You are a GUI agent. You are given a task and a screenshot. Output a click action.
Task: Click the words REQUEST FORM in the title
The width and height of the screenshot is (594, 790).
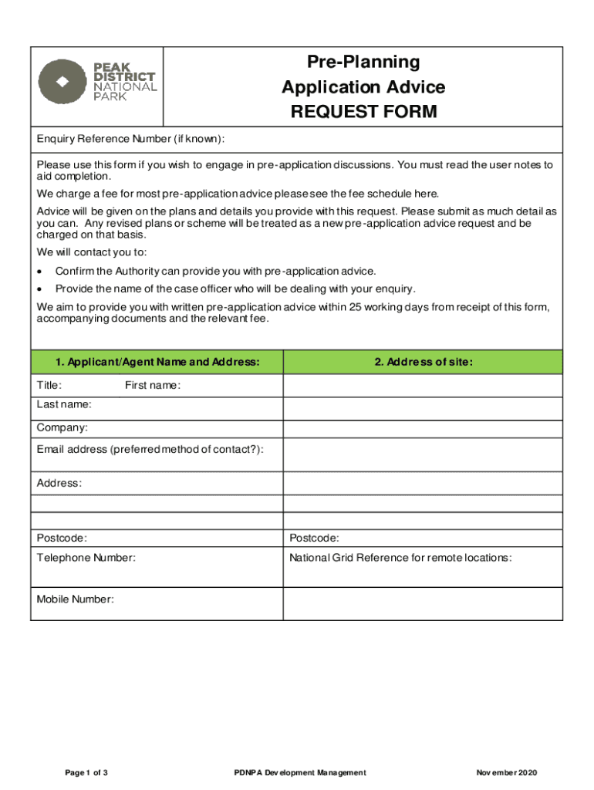tap(363, 113)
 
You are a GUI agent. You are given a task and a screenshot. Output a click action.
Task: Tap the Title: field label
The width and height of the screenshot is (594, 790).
tap(49, 385)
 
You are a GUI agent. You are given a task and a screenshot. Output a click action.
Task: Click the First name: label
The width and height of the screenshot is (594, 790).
tap(152, 385)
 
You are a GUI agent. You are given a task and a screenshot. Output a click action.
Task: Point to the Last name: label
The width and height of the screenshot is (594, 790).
tap(64, 404)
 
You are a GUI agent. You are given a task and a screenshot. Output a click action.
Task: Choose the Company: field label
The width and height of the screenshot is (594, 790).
tap(62, 427)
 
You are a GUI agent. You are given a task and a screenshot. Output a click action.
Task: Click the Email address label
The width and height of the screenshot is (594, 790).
tap(150, 449)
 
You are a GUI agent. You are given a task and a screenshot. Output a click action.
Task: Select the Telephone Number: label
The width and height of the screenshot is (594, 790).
tap(86, 557)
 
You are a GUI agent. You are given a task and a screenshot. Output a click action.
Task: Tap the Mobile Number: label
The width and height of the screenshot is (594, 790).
tap(76, 599)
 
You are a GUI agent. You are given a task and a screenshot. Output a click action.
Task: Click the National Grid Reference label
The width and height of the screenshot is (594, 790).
tap(400, 557)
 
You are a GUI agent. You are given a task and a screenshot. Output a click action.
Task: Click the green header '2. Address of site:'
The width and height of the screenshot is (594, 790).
tap(424, 362)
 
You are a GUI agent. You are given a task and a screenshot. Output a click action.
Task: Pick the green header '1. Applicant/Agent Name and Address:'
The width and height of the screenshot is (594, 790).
tap(157, 362)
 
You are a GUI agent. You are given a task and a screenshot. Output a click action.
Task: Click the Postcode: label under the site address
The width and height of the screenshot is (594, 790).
tap(314, 538)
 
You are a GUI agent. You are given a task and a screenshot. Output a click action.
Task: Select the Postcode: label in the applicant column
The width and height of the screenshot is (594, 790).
tap(62, 538)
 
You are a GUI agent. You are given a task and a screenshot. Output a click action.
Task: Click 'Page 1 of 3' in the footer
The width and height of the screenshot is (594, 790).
tap(86, 772)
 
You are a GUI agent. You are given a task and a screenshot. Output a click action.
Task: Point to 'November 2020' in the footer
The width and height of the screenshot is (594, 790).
tap(506, 772)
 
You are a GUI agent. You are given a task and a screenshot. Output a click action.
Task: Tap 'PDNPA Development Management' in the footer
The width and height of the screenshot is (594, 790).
tap(300, 772)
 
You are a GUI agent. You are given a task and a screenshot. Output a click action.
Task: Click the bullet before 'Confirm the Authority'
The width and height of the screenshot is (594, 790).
tap(39, 272)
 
